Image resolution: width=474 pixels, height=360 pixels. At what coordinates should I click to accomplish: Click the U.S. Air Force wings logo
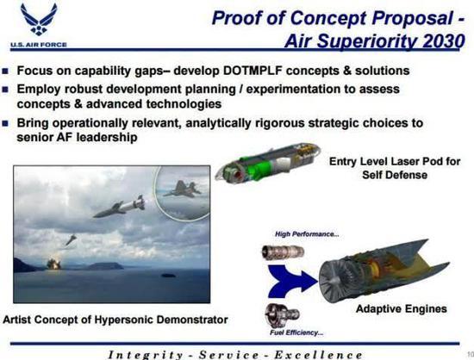[x=39, y=20]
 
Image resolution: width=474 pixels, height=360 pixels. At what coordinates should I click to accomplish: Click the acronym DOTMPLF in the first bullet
[x=253, y=71]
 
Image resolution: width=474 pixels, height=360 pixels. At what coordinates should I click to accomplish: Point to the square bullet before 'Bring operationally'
[x=5, y=123]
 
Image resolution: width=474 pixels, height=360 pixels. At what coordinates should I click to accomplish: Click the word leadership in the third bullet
[x=107, y=138]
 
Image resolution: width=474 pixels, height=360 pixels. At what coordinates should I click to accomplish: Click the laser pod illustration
[x=267, y=163]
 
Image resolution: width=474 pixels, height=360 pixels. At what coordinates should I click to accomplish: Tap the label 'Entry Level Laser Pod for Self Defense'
[x=395, y=168]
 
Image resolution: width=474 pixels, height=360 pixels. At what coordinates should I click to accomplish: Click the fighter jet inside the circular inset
[x=183, y=189]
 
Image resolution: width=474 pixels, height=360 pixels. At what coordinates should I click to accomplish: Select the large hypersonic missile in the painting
[x=119, y=207]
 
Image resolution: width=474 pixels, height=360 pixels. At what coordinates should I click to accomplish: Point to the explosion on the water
[x=53, y=264]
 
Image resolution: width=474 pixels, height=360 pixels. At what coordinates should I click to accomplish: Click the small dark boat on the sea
[x=168, y=276]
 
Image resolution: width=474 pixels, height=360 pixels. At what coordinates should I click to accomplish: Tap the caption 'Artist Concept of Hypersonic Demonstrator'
[x=115, y=320]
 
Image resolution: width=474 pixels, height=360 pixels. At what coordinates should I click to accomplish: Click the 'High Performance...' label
[x=307, y=234]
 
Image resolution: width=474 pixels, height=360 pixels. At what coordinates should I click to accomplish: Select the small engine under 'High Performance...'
[x=283, y=252]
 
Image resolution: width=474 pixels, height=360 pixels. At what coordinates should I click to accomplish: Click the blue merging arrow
[x=291, y=281]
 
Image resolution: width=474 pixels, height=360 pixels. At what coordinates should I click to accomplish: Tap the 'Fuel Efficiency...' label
[x=296, y=332]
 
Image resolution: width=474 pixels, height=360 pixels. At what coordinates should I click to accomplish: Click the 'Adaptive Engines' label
[x=402, y=309]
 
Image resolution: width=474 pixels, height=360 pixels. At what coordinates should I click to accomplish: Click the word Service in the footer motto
[x=229, y=355]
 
